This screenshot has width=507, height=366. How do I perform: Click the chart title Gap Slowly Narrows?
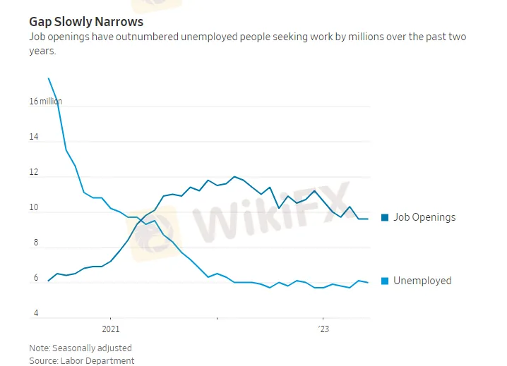click(x=85, y=22)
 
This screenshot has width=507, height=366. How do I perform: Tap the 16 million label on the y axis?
click(x=45, y=102)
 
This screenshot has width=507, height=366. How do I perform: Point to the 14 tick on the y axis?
click(x=33, y=137)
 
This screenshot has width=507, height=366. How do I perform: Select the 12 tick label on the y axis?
click(x=33, y=173)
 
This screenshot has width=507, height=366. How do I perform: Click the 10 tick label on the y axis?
click(x=33, y=208)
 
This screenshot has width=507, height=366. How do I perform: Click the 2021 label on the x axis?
click(x=110, y=329)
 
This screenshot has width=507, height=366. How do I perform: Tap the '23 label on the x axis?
click(x=323, y=329)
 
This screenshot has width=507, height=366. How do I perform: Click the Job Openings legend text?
click(x=424, y=217)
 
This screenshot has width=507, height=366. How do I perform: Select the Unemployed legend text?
click(x=422, y=281)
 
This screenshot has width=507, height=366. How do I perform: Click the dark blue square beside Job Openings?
click(x=385, y=217)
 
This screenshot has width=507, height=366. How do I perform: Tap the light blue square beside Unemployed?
click(x=385, y=281)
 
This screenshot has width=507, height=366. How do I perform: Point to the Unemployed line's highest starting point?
click(x=48, y=78)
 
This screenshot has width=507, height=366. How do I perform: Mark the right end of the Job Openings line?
click(x=368, y=219)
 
